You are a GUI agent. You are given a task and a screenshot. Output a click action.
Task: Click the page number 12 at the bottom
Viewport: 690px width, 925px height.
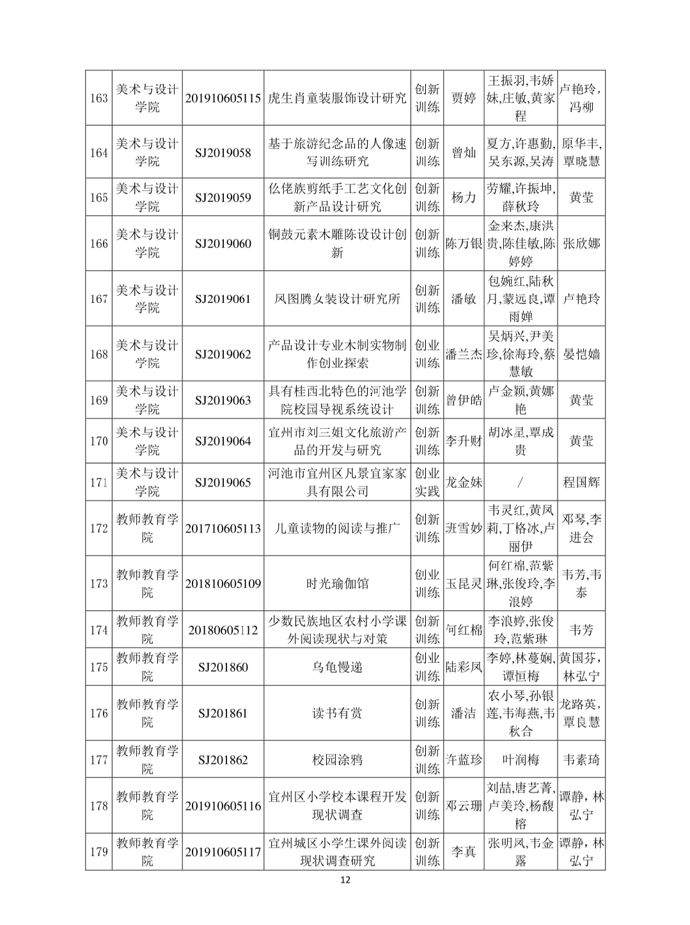pyautogui.click(x=345, y=880)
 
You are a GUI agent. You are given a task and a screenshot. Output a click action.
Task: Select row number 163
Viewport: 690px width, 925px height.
pyautogui.click(x=98, y=98)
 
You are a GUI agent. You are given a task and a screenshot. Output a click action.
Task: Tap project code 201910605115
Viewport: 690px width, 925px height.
pyautogui.click(x=223, y=98)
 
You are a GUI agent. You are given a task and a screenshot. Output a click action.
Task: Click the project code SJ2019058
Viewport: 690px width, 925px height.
pyautogui.click(x=223, y=153)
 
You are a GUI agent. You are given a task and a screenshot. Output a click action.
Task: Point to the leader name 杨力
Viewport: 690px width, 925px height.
pyautogui.click(x=464, y=198)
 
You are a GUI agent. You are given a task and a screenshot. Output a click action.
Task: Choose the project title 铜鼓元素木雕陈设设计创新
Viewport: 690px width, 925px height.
pyautogui.click(x=337, y=244)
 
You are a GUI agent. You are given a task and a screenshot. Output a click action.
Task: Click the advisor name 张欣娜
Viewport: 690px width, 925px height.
pyautogui.click(x=581, y=244)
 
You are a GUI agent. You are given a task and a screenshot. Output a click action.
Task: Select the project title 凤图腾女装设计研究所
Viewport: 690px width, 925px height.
pyautogui.click(x=337, y=299)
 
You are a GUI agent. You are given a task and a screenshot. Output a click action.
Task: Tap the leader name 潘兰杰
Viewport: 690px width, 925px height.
pyautogui.click(x=464, y=354)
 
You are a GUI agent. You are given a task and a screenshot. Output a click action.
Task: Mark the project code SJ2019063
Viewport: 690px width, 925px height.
pyautogui.click(x=223, y=401)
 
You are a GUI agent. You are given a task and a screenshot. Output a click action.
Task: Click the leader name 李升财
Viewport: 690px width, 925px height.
pyautogui.click(x=464, y=441)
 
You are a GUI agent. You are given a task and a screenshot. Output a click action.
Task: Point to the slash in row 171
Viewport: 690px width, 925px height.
pyautogui.click(x=521, y=482)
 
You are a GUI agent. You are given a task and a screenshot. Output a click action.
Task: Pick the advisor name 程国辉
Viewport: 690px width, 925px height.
pyautogui.click(x=581, y=482)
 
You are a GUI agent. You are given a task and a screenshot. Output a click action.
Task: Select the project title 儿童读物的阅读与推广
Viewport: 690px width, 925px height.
pyautogui.click(x=337, y=529)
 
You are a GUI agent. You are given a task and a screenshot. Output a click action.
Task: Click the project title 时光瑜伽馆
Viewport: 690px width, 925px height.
pyautogui.click(x=337, y=584)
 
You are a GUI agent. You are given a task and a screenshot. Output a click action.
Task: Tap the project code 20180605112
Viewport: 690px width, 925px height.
pyautogui.click(x=223, y=630)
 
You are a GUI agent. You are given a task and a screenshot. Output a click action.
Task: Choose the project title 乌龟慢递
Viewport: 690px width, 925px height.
pyautogui.click(x=337, y=667)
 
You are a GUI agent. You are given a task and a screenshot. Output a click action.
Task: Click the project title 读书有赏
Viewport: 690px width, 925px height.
pyautogui.click(x=337, y=713)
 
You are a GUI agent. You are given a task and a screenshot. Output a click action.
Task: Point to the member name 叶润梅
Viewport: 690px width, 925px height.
pyautogui.click(x=521, y=760)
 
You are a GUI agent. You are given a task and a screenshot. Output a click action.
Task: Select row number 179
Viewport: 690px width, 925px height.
pyautogui.click(x=98, y=852)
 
